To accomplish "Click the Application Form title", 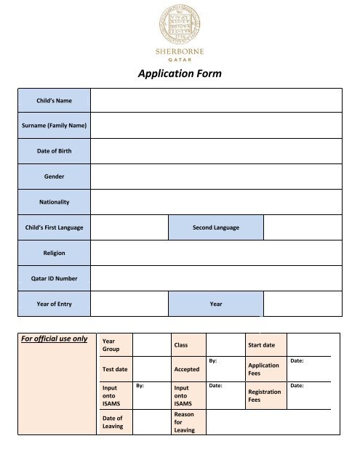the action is pyautogui.click(x=180, y=73).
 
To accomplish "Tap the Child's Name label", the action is pyautogui.click(x=55, y=100).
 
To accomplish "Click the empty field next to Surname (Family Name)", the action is pyautogui.click(x=215, y=126).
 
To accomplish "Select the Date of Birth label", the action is pyautogui.click(x=55, y=151).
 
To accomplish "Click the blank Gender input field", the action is pyautogui.click(x=215, y=177).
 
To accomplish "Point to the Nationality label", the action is pyautogui.click(x=55, y=202).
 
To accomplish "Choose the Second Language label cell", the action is pyautogui.click(x=215, y=227).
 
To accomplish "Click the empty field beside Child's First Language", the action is pyautogui.click(x=129, y=227).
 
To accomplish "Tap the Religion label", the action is pyautogui.click(x=55, y=253).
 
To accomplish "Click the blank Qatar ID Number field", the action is pyautogui.click(x=215, y=278).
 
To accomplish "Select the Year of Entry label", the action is pyautogui.click(x=55, y=304).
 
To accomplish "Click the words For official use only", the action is pyautogui.click(x=55, y=339).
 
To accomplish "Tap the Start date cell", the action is pyautogui.click(x=265, y=344).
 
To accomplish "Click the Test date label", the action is pyautogui.click(x=115, y=369).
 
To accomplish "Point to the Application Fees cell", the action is pyautogui.click(x=265, y=369).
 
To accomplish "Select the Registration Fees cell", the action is pyautogui.click(x=265, y=395).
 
